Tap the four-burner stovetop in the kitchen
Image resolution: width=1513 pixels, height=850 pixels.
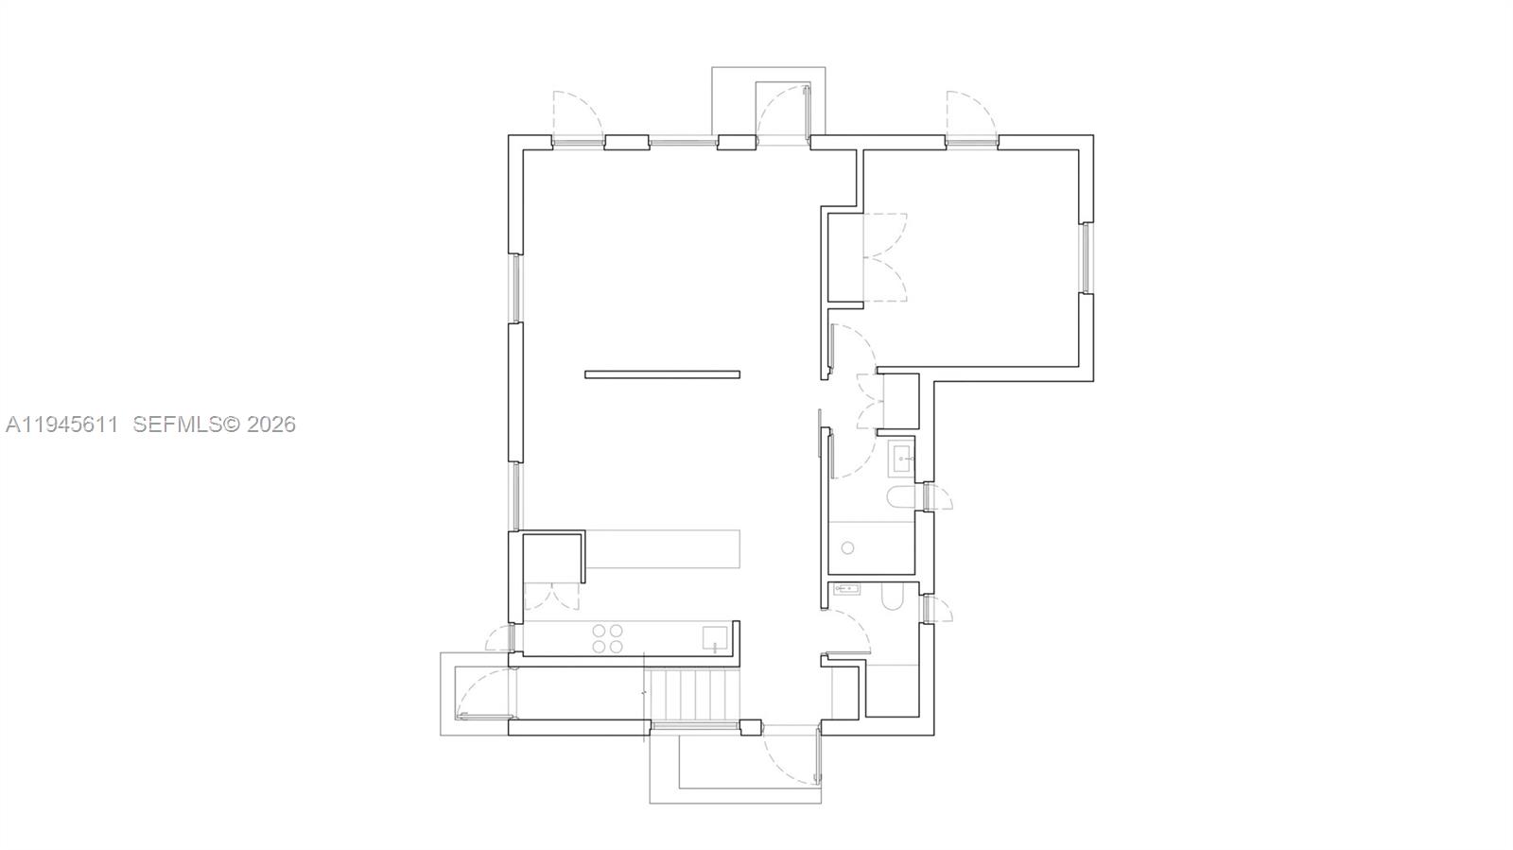click(x=607, y=639)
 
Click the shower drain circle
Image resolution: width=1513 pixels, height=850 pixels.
click(x=848, y=547)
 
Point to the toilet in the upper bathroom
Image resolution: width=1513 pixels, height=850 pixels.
click(x=899, y=498)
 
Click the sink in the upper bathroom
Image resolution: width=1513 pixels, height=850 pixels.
click(x=901, y=460)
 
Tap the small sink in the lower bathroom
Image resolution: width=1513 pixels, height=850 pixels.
click(x=846, y=589)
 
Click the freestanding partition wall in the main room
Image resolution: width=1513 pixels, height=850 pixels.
click(x=662, y=374)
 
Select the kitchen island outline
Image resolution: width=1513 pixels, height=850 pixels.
click(x=662, y=549)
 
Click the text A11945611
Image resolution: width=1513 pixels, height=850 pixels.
click(x=62, y=425)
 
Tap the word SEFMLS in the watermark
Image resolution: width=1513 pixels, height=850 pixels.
click(x=176, y=425)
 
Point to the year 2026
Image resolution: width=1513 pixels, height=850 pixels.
click(x=271, y=425)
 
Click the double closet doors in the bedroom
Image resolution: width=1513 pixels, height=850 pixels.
click(x=885, y=257)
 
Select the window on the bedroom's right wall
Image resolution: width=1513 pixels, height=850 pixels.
click(x=1087, y=257)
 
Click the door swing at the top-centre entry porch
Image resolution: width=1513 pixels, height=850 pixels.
click(x=783, y=111)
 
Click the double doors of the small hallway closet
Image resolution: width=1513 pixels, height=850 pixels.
click(x=870, y=402)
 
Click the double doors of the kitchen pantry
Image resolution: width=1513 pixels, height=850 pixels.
click(x=551, y=596)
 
